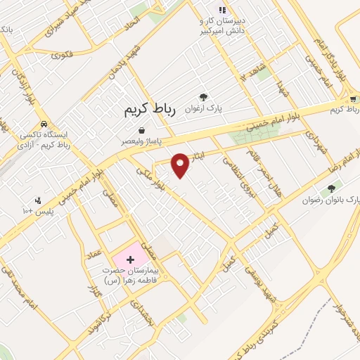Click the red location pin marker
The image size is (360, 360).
pos(181,165)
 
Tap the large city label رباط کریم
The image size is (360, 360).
pos(149,110)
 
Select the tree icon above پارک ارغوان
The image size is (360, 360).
pos(204,98)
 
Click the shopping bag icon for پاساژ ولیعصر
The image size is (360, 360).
pos(143,130)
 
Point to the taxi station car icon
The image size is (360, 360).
pos(44,122)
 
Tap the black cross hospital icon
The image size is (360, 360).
pos(129,260)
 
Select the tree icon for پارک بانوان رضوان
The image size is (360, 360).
pos(331,188)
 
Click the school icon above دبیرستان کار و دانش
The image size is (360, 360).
pos(222,10)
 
